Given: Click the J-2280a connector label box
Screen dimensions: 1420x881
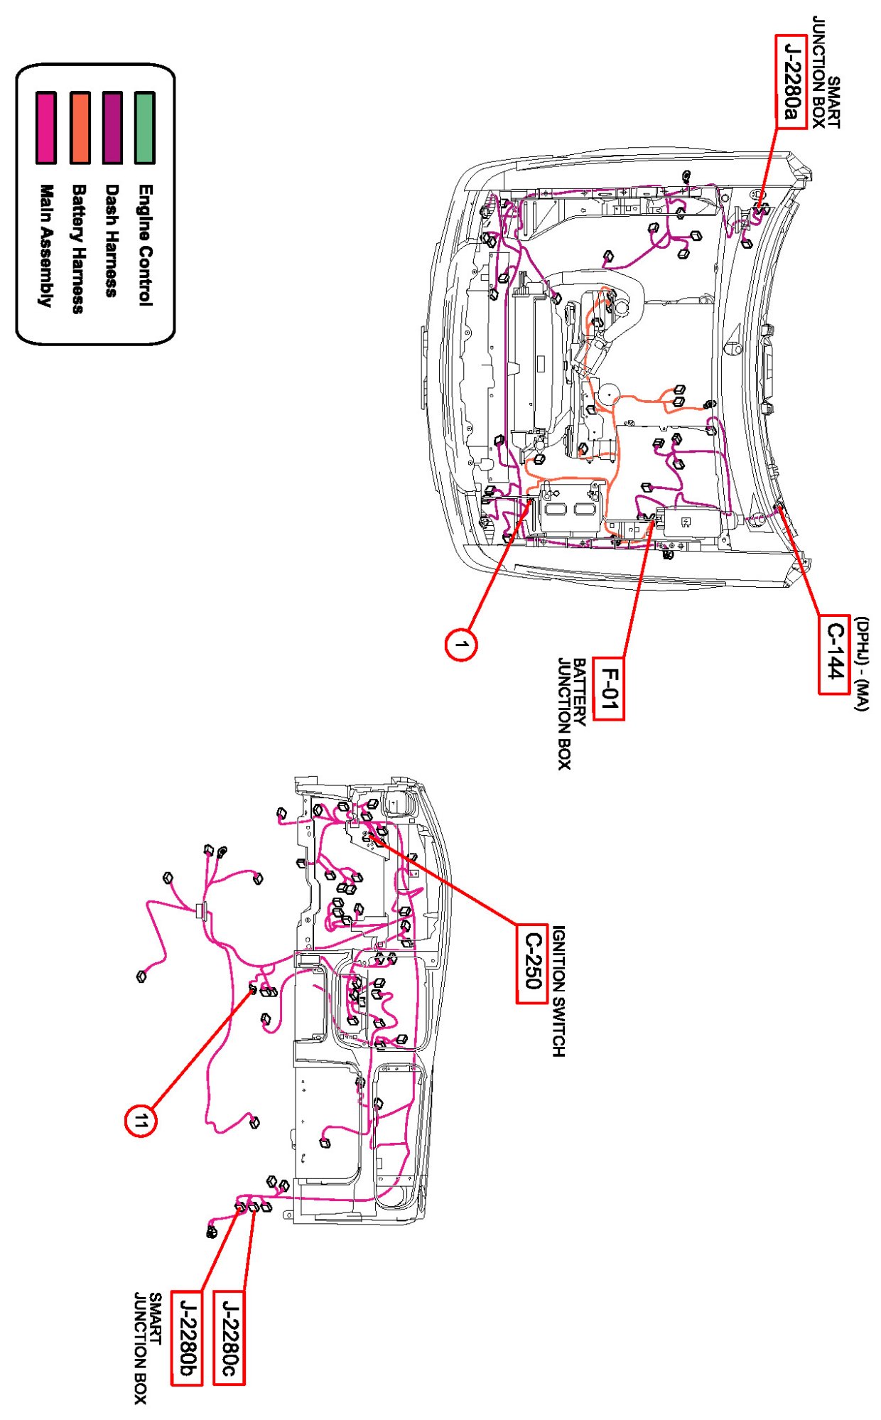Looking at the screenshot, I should [791, 82].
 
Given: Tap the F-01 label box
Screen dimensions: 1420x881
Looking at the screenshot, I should [609, 689].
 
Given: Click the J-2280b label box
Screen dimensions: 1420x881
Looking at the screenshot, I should [187, 1337].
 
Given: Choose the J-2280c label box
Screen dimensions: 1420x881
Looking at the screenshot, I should [229, 1337].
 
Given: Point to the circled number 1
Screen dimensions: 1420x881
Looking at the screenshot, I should [461, 645].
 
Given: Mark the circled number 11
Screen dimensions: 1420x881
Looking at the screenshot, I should [141, 1122].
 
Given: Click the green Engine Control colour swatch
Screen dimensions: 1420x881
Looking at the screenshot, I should [145, 128].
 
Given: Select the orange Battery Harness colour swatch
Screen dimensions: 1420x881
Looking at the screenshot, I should [80, 128].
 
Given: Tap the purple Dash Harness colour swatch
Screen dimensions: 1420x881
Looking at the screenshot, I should [112, 128].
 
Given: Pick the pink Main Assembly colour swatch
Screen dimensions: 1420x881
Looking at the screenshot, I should [46, 128].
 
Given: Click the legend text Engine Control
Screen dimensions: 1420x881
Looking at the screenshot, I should [145, 245].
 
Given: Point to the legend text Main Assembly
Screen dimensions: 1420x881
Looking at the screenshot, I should [46, 245].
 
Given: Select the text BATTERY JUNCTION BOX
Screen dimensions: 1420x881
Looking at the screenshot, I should [571, 713].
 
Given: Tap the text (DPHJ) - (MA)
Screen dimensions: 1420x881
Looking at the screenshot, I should [861, 664].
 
